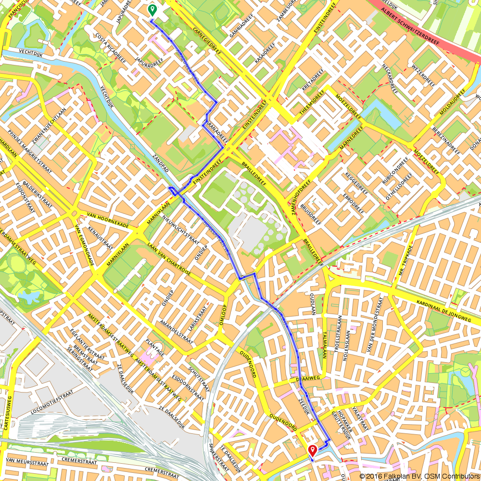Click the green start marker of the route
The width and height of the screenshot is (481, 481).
click(152, 9)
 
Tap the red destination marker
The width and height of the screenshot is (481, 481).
click(312, 450)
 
